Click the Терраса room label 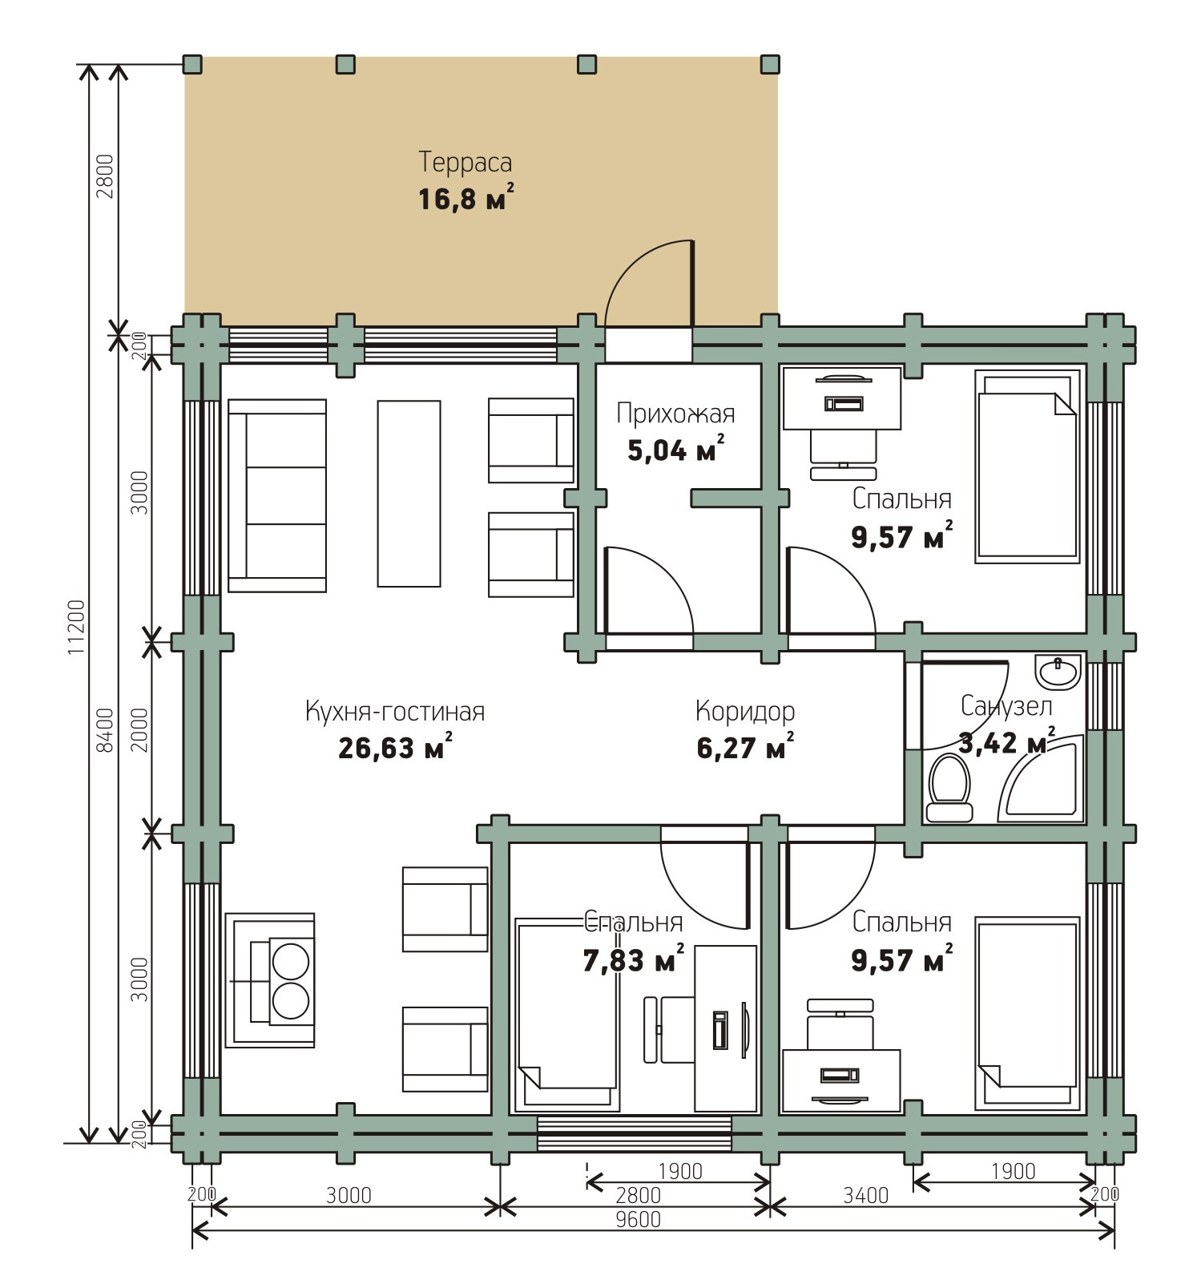465,162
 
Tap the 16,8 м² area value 465,197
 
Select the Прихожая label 675,414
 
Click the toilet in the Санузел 949,788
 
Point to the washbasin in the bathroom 1058,672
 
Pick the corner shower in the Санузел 1042,781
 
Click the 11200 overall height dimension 76,627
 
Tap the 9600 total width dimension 638,1219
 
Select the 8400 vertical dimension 104,729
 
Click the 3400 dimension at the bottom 866,1195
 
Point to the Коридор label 745,711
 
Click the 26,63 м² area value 395,747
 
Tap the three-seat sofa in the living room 277,495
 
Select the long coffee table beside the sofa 409,494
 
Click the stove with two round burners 270,979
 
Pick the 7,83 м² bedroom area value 634,959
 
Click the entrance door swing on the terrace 649,284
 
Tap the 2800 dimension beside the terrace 104,176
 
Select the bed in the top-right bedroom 1026,466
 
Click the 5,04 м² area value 676,450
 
